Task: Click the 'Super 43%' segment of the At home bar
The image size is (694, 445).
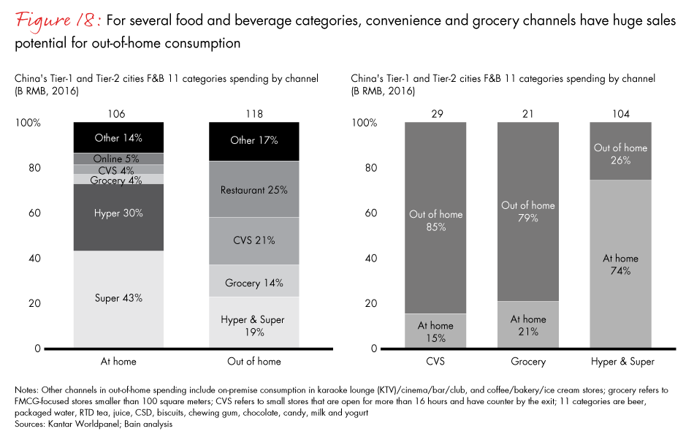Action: [118, 298]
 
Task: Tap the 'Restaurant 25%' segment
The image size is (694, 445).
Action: [253, 190]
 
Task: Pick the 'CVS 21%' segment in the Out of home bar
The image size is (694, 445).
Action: [253, 241]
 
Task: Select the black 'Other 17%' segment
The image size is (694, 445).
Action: [253, 141]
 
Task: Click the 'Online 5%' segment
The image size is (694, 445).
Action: [118, 159]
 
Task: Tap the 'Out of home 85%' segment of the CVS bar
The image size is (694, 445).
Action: [436, 219]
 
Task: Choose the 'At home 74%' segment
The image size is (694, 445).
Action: [621, 264]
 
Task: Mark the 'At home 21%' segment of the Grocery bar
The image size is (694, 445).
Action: [528, 324]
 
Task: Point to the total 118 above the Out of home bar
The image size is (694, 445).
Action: [253, 114]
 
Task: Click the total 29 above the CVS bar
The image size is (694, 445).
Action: [436, 114]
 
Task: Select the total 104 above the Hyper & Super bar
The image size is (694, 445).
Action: [621, 114]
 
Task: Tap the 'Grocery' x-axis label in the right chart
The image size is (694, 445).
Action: [528, 361]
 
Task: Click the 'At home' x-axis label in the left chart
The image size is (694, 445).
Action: [118, 361]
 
